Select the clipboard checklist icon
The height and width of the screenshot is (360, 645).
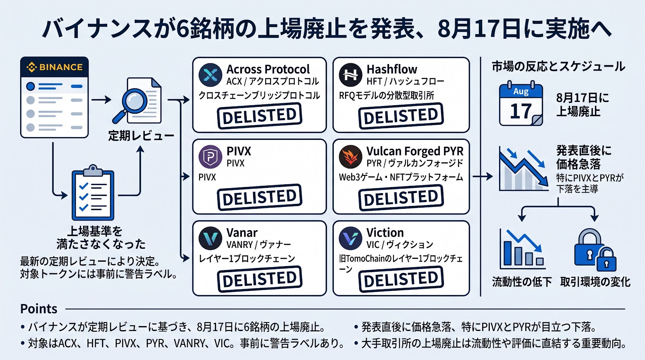93,192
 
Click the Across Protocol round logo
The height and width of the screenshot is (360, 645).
210,75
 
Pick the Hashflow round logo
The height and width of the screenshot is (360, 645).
350,75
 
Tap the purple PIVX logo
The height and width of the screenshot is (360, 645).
210,157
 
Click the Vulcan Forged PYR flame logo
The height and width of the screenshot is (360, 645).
350,157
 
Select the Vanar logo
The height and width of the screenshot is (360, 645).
210,238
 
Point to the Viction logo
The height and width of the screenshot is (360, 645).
350,238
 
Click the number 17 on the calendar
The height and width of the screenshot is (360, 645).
520,111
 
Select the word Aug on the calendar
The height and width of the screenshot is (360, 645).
521,91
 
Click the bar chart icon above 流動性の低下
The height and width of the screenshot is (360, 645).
522,249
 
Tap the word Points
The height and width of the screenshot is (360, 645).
39,309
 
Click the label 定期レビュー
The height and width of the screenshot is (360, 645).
141,135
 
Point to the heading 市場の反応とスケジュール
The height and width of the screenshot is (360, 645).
558,67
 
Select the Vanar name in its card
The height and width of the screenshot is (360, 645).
242,233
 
